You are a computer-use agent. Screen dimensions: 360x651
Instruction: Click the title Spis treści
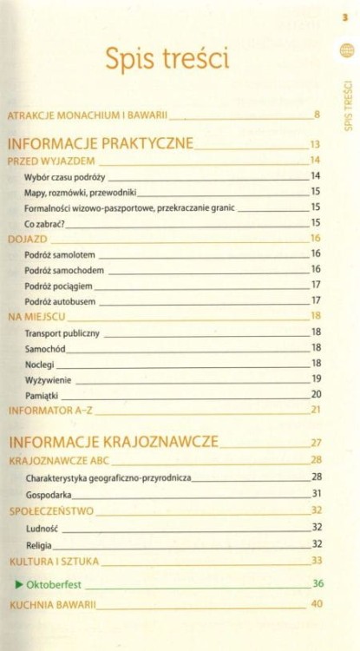pyautogui.click(x=167, y=59)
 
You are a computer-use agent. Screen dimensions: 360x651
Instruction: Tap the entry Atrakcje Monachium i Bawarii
pyautogui.click(x=87, y=115)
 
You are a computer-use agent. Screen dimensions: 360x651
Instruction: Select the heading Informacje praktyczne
pyautogui.click(x=100, y=142)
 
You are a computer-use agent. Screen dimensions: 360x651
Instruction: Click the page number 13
pyautogui.click(x=315, y=144)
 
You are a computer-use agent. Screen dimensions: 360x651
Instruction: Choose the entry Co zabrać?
pyautogui.click(x=45, y=223)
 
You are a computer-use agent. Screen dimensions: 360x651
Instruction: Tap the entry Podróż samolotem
pyautogui.click(x=60, y=254)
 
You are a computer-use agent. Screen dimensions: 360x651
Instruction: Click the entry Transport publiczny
pyautogui.click(x=62, y=332)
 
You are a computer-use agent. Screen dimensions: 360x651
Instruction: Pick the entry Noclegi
pyautogui.click(x=41, y=364)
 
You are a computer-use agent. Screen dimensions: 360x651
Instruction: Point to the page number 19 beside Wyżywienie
pyautogui.click(x=317, y=378)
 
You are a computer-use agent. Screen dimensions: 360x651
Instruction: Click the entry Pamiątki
pyautogui.click(x=43, y=394)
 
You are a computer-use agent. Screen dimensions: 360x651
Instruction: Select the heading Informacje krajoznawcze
pyautogui.click(x=113, y=441)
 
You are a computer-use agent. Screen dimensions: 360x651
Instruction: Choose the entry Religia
pyautogui.click(x=40, y=543)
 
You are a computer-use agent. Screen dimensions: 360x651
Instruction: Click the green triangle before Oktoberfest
pyautogui.click(x=18, y=583)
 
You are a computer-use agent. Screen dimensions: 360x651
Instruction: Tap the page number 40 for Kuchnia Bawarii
pyautogui.click(x=317, y=604)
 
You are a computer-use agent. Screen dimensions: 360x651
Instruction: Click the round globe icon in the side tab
pyautogui.click(x=346, y=51)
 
